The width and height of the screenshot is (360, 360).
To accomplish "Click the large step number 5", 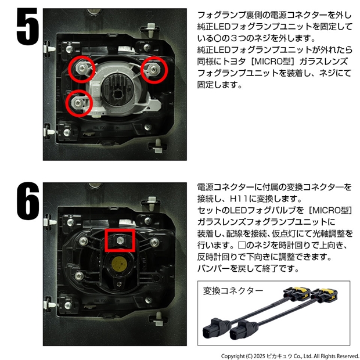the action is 27,26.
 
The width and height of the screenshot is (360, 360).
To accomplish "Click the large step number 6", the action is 27,201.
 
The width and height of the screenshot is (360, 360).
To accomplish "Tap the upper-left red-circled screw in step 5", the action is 82,67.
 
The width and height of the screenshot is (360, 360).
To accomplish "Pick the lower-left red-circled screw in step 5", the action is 79,102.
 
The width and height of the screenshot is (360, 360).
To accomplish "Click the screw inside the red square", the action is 120,240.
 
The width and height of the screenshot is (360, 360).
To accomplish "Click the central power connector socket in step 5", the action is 117,94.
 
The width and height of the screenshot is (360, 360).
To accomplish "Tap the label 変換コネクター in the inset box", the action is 233,291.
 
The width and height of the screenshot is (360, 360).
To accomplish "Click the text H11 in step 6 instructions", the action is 239,199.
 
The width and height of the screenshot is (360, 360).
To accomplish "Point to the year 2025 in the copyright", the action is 259,356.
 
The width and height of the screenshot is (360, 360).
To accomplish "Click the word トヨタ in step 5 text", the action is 234,62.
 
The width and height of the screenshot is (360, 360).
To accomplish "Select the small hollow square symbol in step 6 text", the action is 242,245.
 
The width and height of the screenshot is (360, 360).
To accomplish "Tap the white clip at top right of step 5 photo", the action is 150,30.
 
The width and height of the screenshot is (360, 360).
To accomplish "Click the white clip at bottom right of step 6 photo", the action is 159,319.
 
